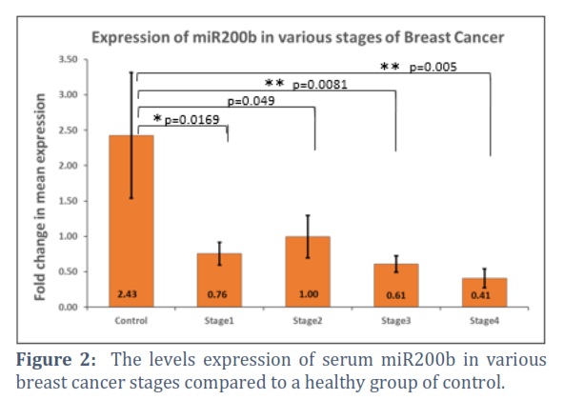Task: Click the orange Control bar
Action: coord(131,221)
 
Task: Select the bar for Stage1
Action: coord(219,280)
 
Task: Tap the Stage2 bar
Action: coord(308,271)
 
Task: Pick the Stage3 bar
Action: coord(396,286)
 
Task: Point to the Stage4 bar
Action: coord(485,292)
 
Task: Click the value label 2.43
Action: coord(127,294)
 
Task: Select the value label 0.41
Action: coord(480,295)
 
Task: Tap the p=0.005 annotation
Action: coord(433,67)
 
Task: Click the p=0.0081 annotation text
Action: coord(320,85)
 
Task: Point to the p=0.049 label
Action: coord(252,101)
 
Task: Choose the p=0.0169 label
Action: coord(191,119)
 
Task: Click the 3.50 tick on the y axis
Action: coord(69,59)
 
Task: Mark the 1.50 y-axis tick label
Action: coord(69,201)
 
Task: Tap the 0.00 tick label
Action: coord(69,308)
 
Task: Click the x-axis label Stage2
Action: coord(308,321)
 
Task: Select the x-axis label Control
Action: coord(131,321)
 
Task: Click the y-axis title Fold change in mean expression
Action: coord(40,197)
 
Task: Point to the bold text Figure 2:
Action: coord(56,360)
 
